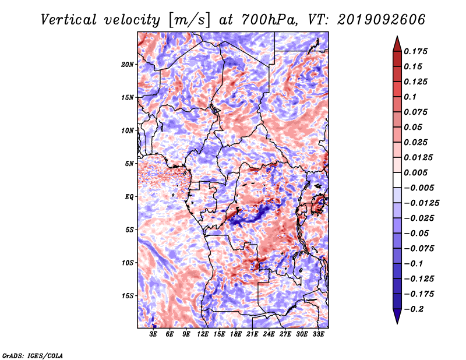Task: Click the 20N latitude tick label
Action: (128, 65)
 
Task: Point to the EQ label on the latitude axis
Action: (129, 197)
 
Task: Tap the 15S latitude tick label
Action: (128, 296)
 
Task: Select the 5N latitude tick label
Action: (129, 164)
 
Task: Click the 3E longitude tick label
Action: (153, 334)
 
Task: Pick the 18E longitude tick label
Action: (236, 334)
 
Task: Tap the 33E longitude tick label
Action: (318, 334)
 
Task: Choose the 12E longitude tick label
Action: (203, 334)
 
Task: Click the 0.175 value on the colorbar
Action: (415, 51)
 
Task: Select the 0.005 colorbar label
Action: (415, 172)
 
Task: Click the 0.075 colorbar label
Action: (415, 112)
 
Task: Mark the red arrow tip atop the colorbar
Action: (397, 36)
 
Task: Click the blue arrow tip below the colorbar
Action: (397, 323)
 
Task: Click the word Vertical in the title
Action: (68, 20)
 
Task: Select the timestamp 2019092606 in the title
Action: (382, 20)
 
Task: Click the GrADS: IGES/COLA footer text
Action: (33, 355)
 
